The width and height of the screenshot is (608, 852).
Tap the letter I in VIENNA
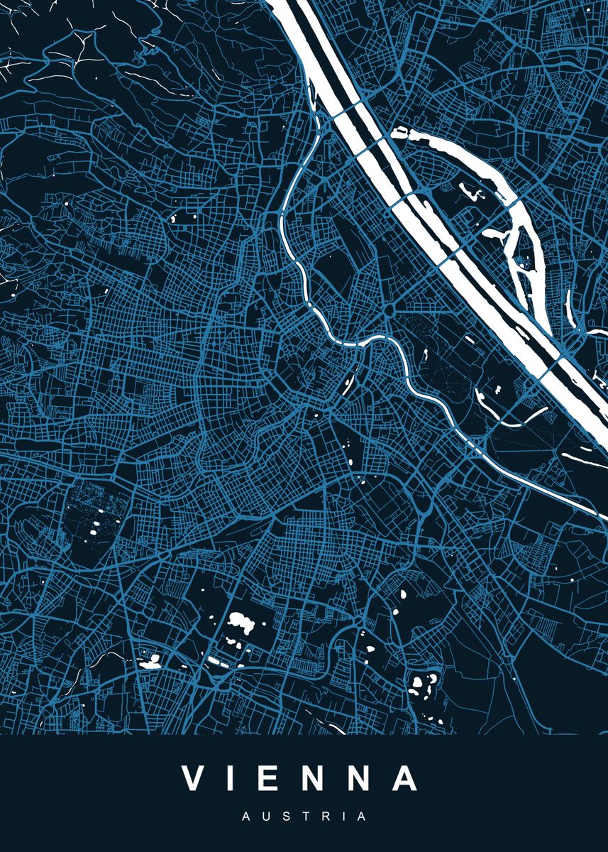click(x=236, y=779)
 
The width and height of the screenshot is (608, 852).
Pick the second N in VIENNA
click(x=363, y=779)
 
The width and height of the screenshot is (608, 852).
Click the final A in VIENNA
click(x=407, y=779)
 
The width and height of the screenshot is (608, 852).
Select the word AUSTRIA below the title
click(x=304, y=817)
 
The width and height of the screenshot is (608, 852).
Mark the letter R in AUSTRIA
click(x=324, y=817)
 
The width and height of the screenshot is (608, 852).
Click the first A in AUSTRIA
click(x=245, y=817)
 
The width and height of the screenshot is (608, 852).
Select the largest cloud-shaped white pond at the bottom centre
click(x=242, y=624)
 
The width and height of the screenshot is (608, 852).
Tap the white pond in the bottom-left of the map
click(x=150, y=662)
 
